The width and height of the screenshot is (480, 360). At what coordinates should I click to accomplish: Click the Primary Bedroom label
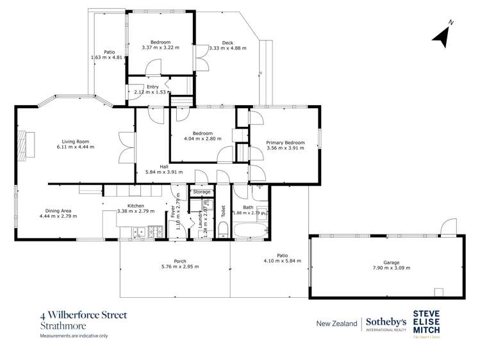pos(285,142)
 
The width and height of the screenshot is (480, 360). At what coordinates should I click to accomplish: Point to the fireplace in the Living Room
pos(24,145)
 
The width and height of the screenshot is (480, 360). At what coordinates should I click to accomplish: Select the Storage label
pos(202,192)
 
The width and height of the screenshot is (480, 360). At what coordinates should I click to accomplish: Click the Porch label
pos(175,261)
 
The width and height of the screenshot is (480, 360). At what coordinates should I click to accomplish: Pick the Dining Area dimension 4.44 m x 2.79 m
pos(58,217)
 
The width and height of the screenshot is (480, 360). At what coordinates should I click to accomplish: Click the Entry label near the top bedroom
pos(152,86)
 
